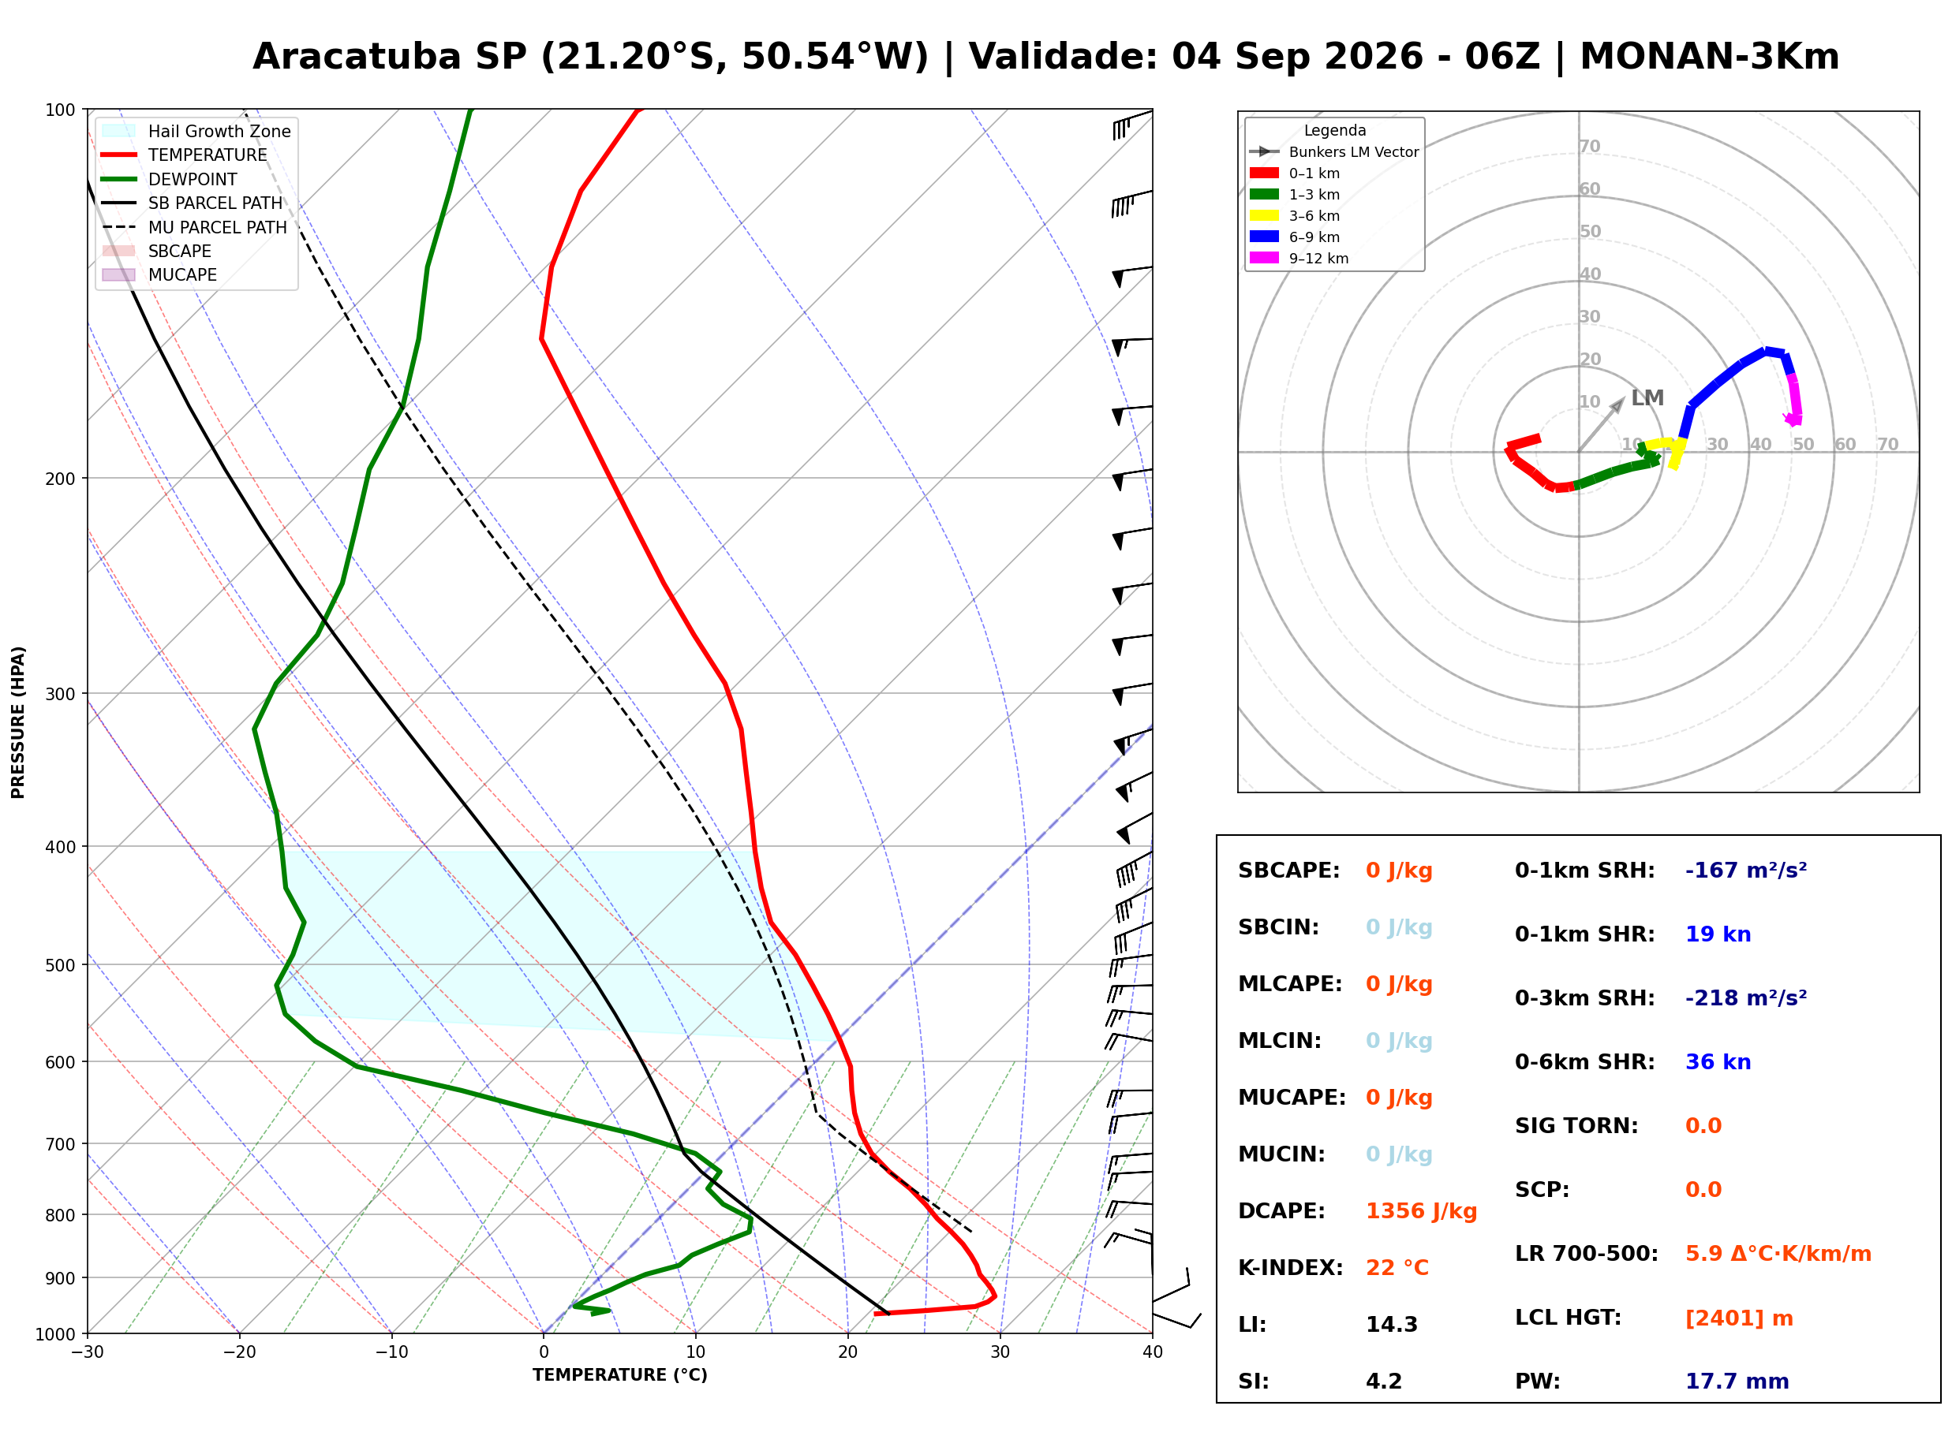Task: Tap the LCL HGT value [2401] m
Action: point(1739,1318)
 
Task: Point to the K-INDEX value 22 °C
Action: point(1397,1268)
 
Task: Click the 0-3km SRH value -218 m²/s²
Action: point(1746,997)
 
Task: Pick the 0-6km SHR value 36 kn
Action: point(1718,1062)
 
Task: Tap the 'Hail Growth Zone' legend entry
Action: point(196,131)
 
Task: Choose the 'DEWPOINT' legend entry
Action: point(170,179)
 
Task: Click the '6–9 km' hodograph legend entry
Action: point(1299,237)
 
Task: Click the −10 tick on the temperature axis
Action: point(391,1352)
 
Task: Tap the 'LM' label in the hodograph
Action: point(1647,397)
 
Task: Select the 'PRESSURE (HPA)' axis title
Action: point(17,721)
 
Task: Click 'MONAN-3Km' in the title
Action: point(1709,57)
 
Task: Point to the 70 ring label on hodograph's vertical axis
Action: point(1589,146)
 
